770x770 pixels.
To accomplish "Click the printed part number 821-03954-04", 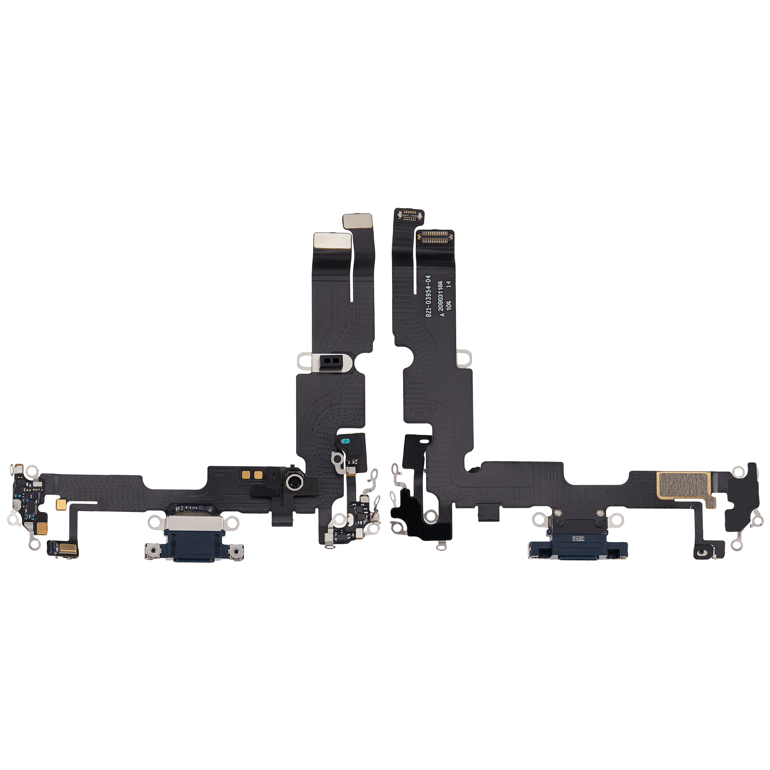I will click(428, 296).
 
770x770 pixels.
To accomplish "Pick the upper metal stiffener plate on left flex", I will click(358, 221).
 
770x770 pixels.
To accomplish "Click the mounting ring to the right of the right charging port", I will click(617, 519).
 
